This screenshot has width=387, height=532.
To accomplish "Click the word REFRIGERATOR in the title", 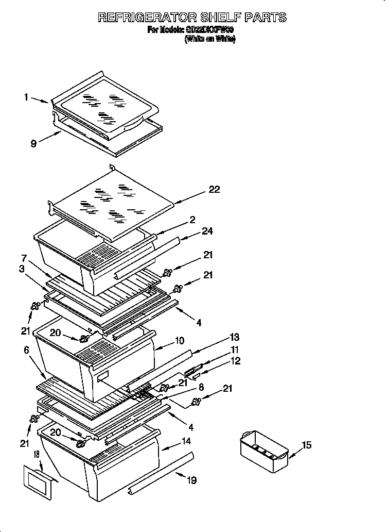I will (147, 18).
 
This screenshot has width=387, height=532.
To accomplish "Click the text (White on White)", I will (209, 40).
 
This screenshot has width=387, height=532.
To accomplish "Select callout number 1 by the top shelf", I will (26, 96).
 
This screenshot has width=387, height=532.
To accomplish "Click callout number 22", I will (215, 190).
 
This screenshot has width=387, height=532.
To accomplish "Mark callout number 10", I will (180, 341).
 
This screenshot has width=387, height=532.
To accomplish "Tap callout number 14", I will (186, 442).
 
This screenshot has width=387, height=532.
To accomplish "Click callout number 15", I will (306, 445).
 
